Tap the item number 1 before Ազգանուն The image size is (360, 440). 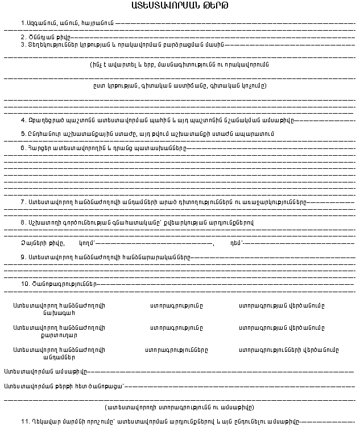pyautogui.click(x=23, y=23)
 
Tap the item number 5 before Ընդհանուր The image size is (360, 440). pyautogui.click(x=23, y=134)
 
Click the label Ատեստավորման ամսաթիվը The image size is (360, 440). pyautogui.click(x=45, y=372)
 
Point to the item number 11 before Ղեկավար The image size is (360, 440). pyautogui.click(x=24, y=422)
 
